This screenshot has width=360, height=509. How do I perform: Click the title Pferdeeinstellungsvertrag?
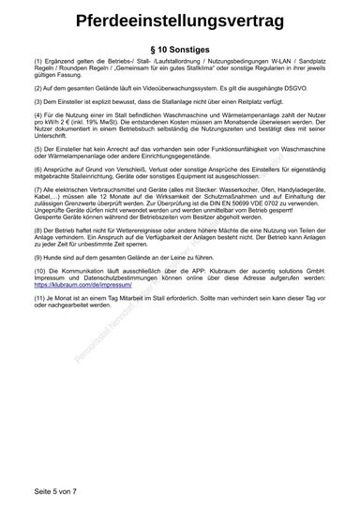[x=180, y=22]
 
